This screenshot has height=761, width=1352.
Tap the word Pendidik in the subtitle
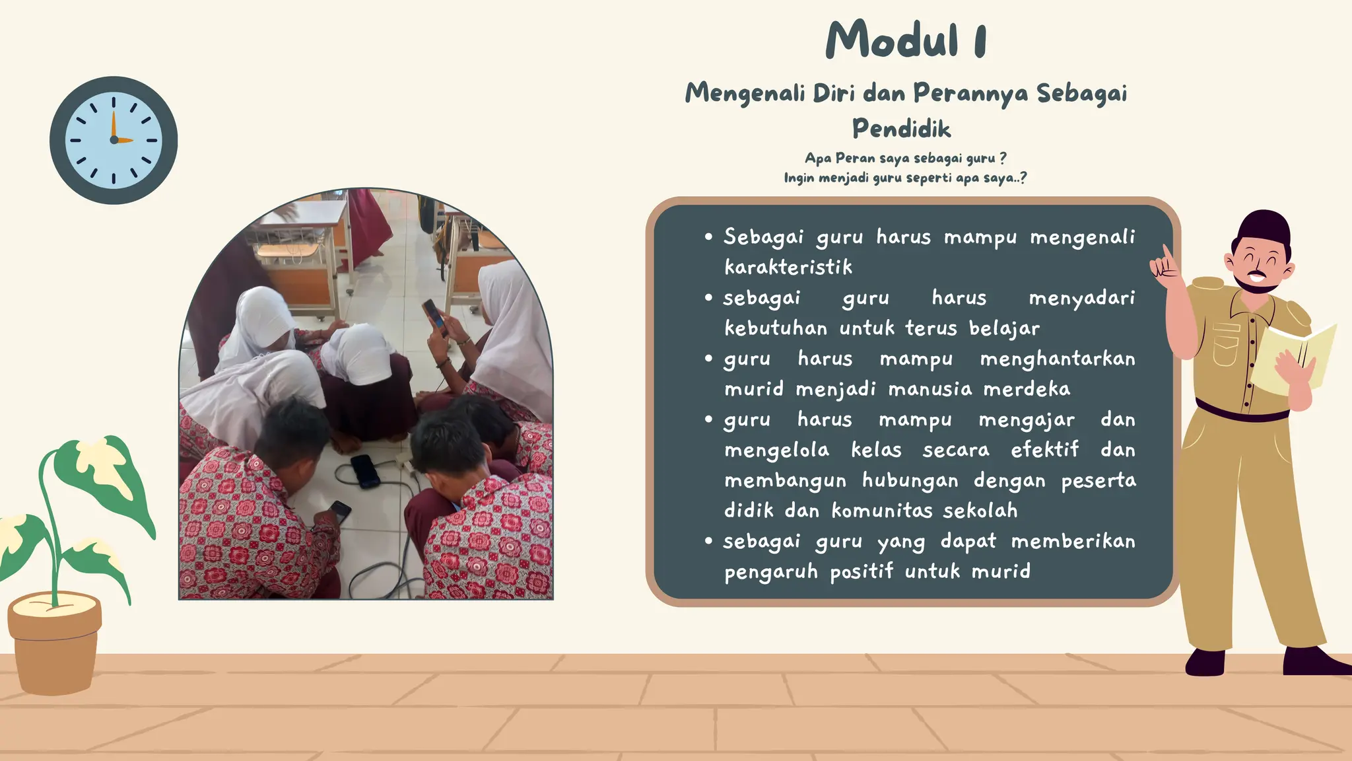pyautogui.click(x=901, y=128)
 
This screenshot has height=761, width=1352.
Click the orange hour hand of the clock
pyautogui.click(x=114, y=126)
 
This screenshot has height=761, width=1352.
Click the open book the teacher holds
pyautogui.click(x=1294, y=357)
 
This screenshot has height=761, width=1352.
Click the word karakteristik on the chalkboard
pyautogui.click(x=788, y=267)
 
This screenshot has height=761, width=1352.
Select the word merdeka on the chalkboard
pyautogui.click(x=1027, y=389)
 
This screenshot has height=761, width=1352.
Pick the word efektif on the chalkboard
pyautogui.click(x=1044, y=450)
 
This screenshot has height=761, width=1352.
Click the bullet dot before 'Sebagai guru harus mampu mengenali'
pyautogui.click(x=708, y=236)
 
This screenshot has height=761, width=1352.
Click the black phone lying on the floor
pyautogui.click(x=365, y=470)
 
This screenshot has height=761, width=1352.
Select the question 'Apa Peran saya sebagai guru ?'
pyautogui.click(x=905, y=159)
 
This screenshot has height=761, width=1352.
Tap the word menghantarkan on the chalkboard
pyautogui.click(x=1057, y=359)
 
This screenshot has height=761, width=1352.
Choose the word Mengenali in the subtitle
pyautogui.click(x=744, y=93)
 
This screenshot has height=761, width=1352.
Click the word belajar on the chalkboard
pyautogui.click(x=1004, y=328)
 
